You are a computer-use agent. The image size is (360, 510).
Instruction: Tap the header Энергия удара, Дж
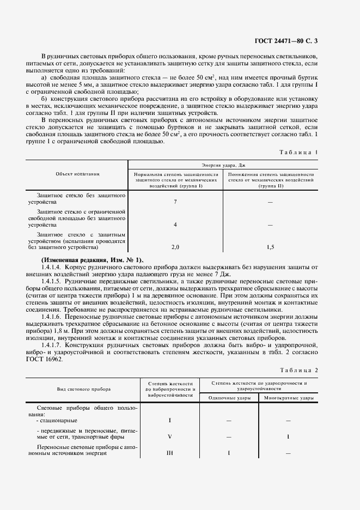pos(223,163)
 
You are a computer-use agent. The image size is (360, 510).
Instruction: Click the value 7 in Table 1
pos(175,202)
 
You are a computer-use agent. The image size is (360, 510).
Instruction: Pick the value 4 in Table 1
pos(175,224)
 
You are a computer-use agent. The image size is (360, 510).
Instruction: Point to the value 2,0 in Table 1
pos(175,247)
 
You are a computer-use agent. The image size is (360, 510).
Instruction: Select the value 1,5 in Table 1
pos(271,247)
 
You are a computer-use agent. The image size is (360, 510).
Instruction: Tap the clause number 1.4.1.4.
pos(52,267)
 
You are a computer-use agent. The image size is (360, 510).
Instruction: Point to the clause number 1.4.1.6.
pos(52,316)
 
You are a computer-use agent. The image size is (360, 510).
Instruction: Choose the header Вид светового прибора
pos(84,390)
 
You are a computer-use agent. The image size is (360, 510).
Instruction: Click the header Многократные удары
pos(289,398)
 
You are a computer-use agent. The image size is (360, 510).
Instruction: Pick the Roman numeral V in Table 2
pos(170,436)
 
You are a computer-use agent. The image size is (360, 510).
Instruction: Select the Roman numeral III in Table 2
pos(170,453)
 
